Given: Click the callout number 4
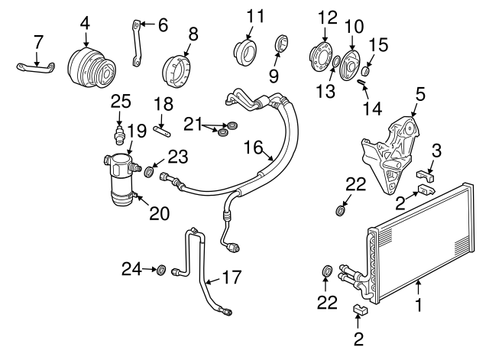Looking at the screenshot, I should tap(85, 23).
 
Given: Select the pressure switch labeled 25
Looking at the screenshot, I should tap(119, 136).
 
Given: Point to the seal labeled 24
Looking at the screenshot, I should tap(161, 269).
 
